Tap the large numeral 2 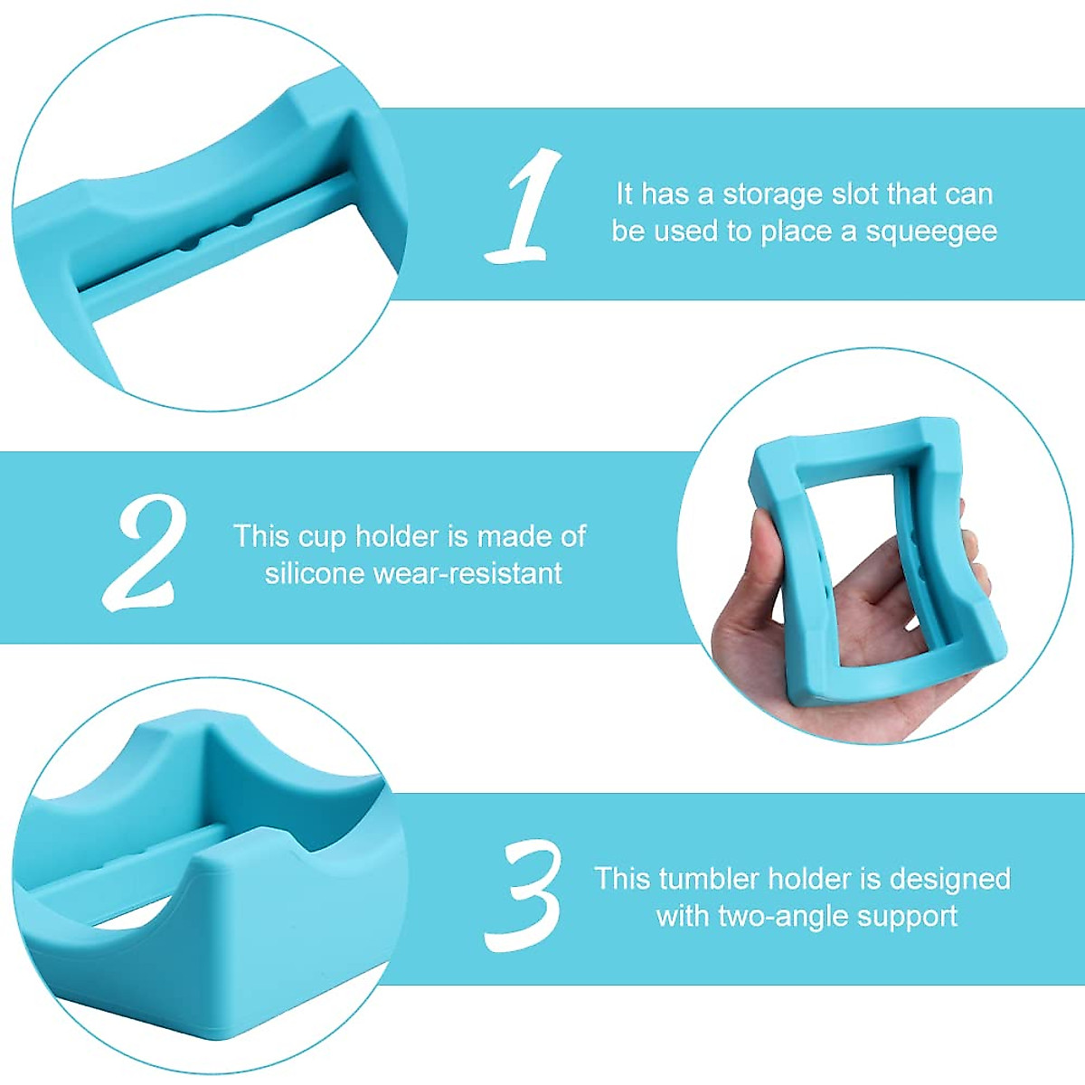(145, 552)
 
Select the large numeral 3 (522, 895)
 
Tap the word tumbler (709, 879)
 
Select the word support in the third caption (907, 916)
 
